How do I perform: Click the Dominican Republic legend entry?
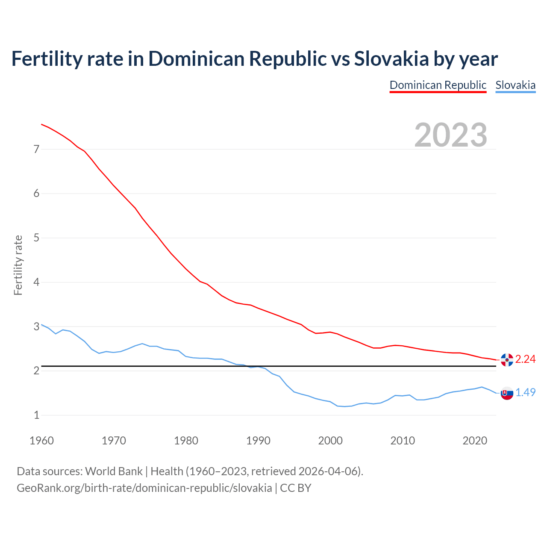click(438, 85)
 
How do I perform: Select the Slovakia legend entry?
click(515, 85)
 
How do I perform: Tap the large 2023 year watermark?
click(451, 135)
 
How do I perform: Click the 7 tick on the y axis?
click(36, 149)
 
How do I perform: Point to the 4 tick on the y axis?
click(36, 282)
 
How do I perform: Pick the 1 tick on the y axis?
click(36, 415)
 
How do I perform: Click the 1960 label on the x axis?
click(41, 441)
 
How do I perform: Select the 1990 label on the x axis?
click(258, 441)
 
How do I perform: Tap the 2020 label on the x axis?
click(475, 441)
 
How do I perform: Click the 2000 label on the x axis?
click(330, 441)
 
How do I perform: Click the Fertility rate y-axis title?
click(18, 265)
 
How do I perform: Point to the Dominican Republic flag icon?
click(507, 360)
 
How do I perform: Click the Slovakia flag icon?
click(507, 393)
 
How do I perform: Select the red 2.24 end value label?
click(525, 359)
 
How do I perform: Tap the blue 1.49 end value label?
click(525, 393)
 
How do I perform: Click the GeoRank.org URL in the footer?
click(144, 488)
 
